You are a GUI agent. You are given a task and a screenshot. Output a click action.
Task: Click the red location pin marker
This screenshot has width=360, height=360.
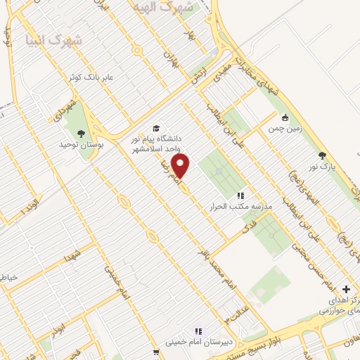[x=181, y=166]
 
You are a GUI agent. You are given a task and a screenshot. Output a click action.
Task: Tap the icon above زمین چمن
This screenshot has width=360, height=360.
[x=285, y=118]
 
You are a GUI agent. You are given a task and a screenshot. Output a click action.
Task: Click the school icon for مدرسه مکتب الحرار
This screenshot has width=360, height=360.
[x=240, y=196]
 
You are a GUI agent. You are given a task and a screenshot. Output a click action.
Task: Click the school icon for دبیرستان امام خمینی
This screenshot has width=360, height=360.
[x=198, y=330]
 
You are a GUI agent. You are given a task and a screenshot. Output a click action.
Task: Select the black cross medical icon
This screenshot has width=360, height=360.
[x=346, y=289]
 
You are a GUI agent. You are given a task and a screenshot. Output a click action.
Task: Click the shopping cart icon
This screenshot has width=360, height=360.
[x=155, y=354]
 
